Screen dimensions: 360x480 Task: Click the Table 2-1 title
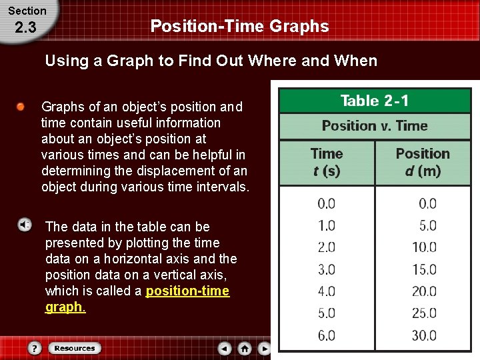pyautogui.click(x=375, y=101)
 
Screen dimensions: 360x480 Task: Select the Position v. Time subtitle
pyautogui.click(x=375, y=126)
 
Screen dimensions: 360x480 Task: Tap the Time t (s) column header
pyautogui.click(x=327, y=162)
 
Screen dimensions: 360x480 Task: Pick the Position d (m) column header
pyautogui.click(x=423, y=162)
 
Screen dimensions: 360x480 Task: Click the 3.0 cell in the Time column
pyautogui.click(x=327, y=269)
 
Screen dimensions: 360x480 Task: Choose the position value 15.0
pyautogui.click(x=424, y=269)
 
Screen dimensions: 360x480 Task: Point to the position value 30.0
pyautogui.click(x=424, y=335)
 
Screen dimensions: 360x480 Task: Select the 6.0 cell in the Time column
pyautogui.click(x=327, y=335)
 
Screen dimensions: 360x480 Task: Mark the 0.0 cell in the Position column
pyautogui.click(x=427, y=203)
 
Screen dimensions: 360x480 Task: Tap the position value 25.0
pyautogui.click(x=424, y=313)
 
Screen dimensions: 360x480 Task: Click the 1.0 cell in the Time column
pyautogui.click(x=327, y=225)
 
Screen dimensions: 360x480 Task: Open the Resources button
pyautogui.click(x=74, y=348)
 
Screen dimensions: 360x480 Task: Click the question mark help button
pyautogui.click(x=35, y=348)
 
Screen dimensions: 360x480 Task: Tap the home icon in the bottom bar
pyautogui.click(x=245, y=348)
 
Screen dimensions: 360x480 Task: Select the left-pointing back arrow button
pyautogui.click(x=225, y=348)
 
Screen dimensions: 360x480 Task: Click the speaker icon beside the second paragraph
pyautogui.click(x=23, y=225)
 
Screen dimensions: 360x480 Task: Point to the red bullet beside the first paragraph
pyautogui.click(x=21, y=107)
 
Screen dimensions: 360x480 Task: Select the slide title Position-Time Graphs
pyautogui.click(x=239, y=26)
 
